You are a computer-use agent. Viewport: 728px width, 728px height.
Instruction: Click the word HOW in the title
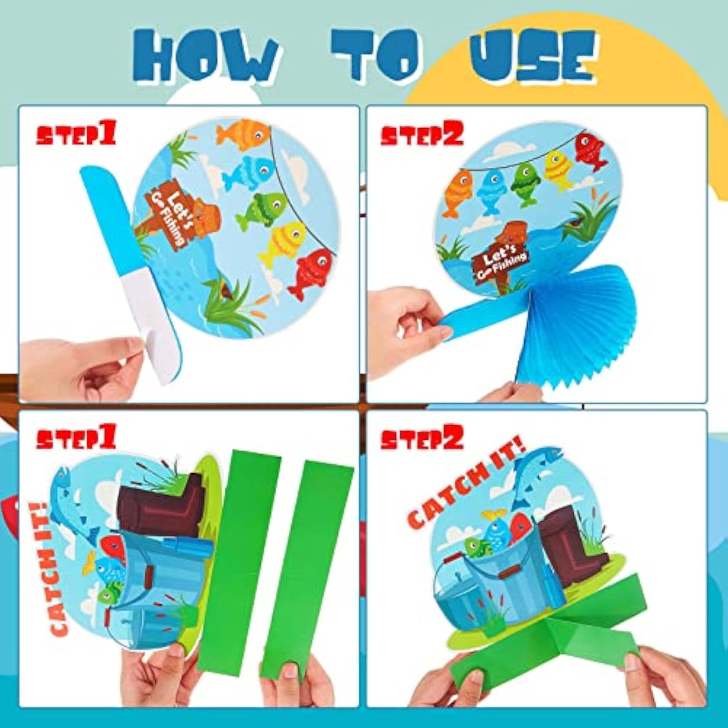206,56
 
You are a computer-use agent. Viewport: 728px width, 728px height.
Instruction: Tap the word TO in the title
376,54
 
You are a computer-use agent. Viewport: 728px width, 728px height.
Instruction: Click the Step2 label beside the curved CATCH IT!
422,438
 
